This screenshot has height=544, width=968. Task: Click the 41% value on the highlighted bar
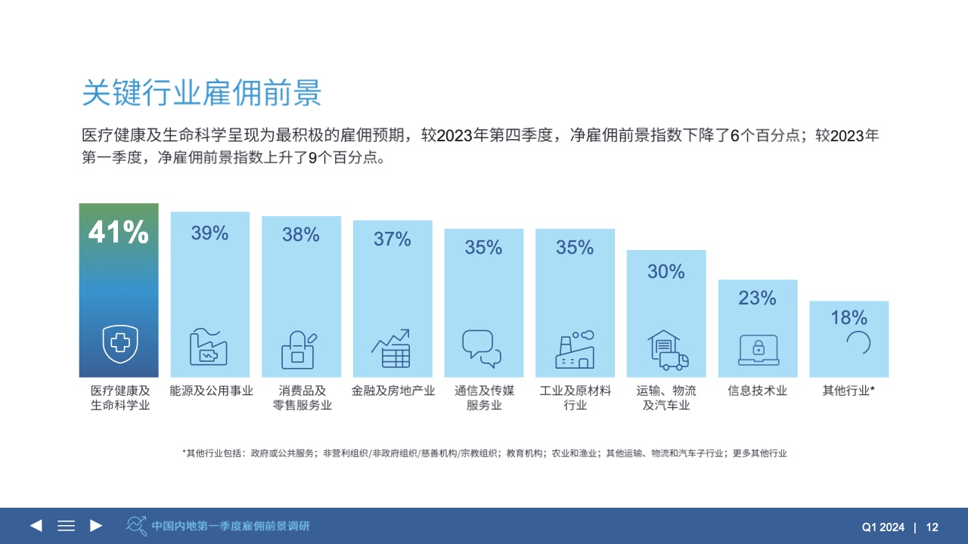tap(119, 233)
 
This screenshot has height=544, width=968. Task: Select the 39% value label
tap(209, 233)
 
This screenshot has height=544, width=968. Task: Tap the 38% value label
tap(301, 235)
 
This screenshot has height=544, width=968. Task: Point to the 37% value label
tap(392, 240)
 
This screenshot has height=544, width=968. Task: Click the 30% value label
tap(666, 271)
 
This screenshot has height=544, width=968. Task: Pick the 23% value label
tap(758, 298)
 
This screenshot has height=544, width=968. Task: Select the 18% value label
tap(849, 317)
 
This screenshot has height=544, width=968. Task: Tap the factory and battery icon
tap(208, 348)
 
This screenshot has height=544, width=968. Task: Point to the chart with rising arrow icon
tap(391, 348)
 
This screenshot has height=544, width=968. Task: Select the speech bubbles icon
tap(482, 348)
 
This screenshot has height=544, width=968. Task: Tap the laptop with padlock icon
tap(758, 349)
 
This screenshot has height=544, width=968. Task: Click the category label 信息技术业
tap(758, 391)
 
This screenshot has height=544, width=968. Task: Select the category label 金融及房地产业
tap(393, 391)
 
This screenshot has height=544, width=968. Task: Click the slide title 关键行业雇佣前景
tap(202, 93)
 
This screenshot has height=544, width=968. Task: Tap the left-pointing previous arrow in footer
tap(36, 526)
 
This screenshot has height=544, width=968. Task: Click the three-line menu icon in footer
tap(67, 526)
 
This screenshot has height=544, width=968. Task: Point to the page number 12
tap(932, 527)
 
